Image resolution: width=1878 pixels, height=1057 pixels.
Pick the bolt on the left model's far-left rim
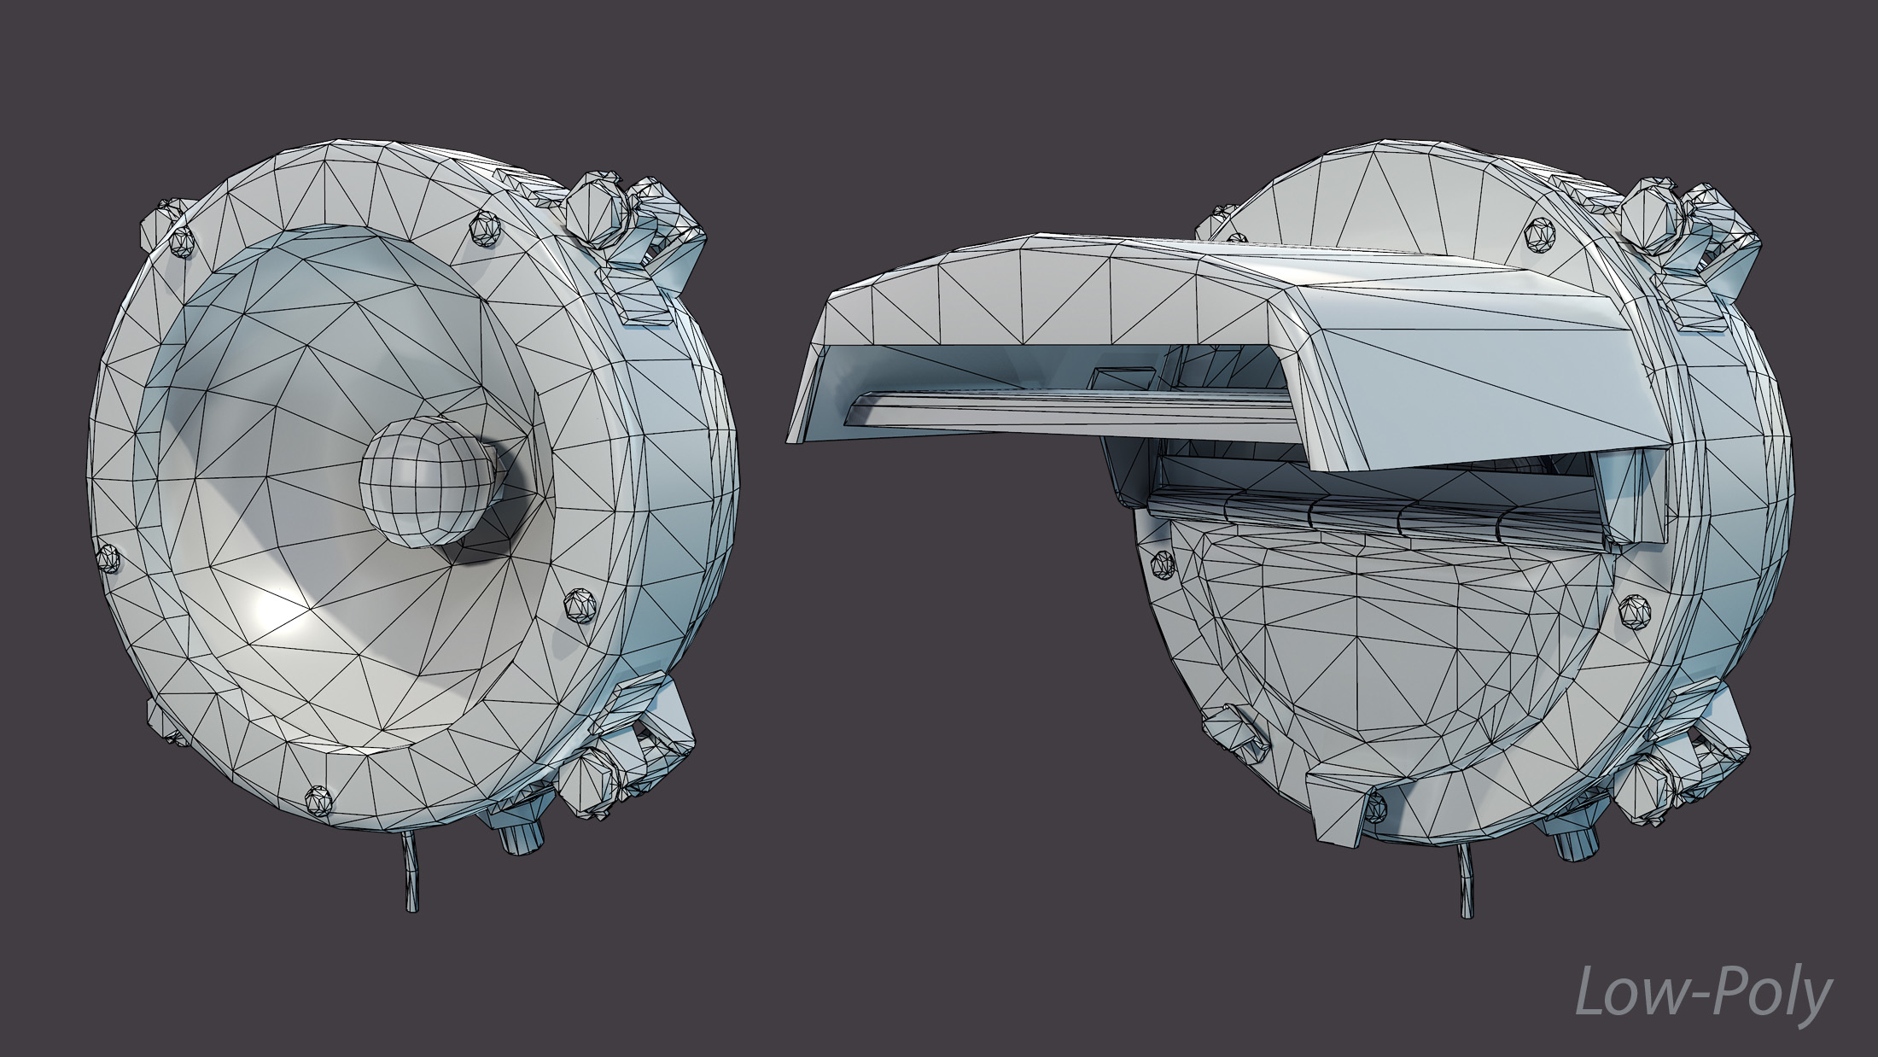pos(109,558)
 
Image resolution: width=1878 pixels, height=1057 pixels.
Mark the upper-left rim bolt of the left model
pos(182,241)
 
